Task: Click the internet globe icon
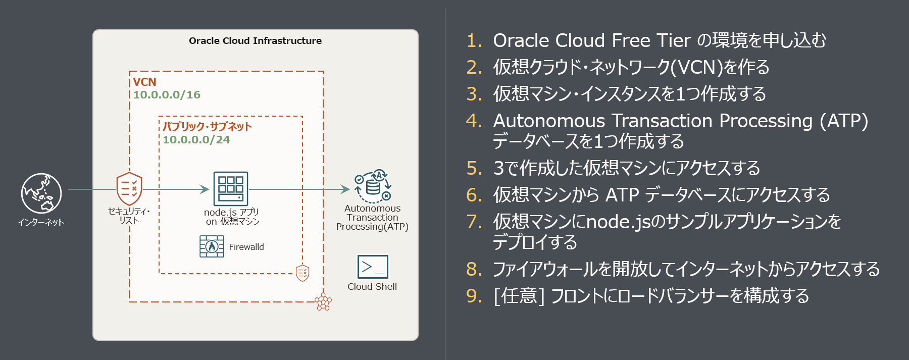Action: pos(41,193)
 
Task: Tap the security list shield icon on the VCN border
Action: pos(129,189)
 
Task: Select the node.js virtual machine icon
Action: pos(231,188)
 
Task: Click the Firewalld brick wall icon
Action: pos(212,246)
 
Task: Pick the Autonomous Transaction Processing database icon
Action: pos(373,186)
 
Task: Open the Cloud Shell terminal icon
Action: pos(373,267)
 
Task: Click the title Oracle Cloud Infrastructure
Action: pos(255,41)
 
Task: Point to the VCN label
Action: pos(144,82)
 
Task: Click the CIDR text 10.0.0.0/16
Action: pos(167,95)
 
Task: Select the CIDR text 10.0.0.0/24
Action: pos(196,140)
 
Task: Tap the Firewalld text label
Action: pos(246,247)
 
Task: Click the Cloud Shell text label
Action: pos(372,287)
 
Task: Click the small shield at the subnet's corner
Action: pos(302,273)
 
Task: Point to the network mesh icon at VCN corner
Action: pos(323,301)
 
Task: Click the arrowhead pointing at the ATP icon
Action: pos(346,189)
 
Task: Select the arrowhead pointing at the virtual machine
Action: pos(205,189)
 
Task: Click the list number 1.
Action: pos(474,41)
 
